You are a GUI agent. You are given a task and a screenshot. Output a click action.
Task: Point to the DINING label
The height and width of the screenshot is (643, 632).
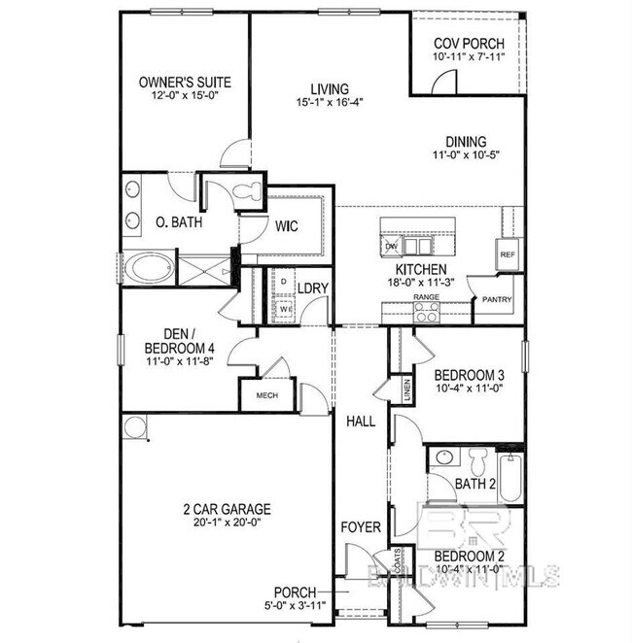[x=466, y=141]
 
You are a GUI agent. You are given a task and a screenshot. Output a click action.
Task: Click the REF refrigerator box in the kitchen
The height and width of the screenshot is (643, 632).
[x=507, y=254]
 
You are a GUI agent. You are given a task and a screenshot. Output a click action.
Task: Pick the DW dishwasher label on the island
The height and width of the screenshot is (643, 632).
[x=392, y=247]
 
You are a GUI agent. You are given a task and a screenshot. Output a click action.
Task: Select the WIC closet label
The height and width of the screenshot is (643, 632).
[x=286, y=227]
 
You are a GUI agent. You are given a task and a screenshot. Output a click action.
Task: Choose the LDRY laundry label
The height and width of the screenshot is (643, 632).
[x=312, y=288]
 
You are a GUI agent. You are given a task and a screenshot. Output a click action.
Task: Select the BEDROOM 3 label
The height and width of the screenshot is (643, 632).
[x=469, y=376]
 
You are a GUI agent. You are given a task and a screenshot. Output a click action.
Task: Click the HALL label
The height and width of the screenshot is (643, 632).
[x=362, y=422]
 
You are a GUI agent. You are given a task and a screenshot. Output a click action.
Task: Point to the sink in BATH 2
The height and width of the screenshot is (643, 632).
[x=444, y=457]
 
